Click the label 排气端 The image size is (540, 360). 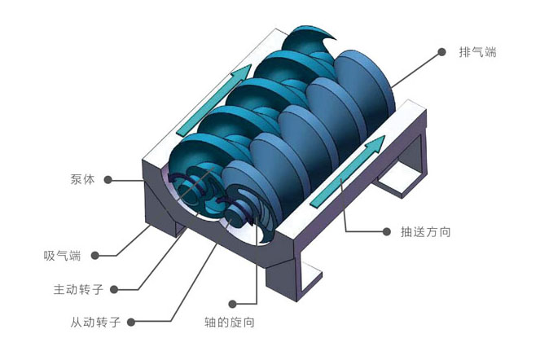point(477,51)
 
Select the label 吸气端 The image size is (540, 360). point(62,255)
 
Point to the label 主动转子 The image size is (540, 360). point(76,289)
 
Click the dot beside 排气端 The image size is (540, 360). point(442,51)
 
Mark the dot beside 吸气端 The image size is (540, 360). point(95,255)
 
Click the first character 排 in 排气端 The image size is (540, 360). point(465,51)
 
